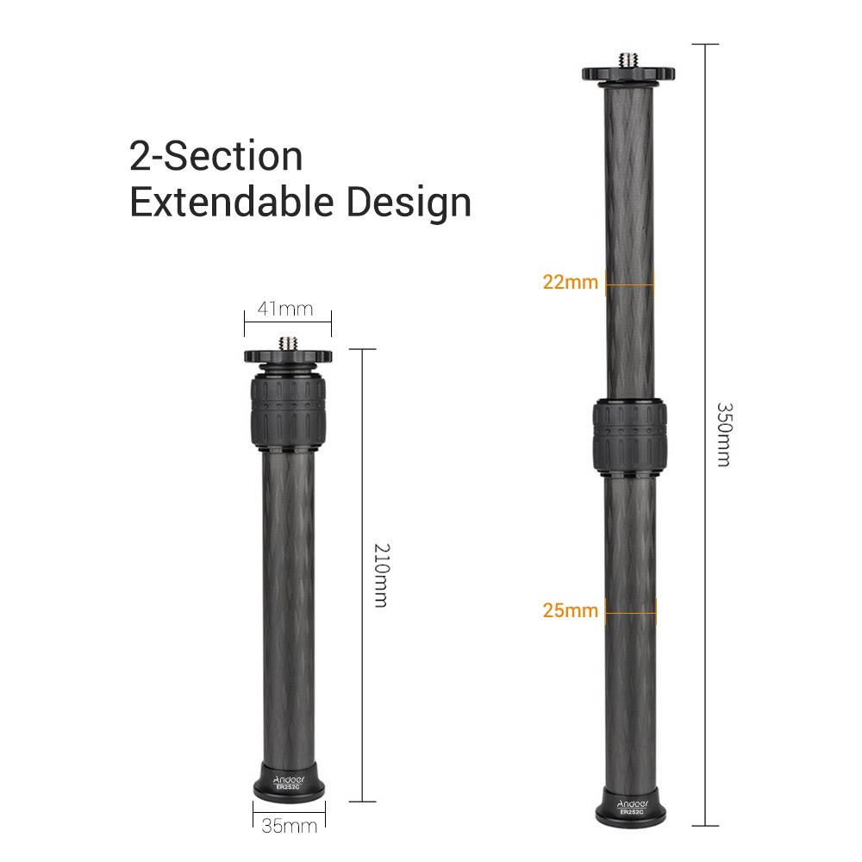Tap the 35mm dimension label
click(x=289, y=826)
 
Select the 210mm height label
click(x=380, y=575)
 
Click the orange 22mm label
click(x=570, y=282)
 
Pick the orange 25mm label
click(x=570, y=610)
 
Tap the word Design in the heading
click(x=409, y=203)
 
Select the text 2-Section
click(x=216, y=157)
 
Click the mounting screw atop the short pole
click(x=288, y=343)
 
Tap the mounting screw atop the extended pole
click(x=628, y=61)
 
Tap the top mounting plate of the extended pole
click(x=628, y=75)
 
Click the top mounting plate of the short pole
click(x=288, y=355)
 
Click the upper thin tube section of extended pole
click(x=628, y=215)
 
